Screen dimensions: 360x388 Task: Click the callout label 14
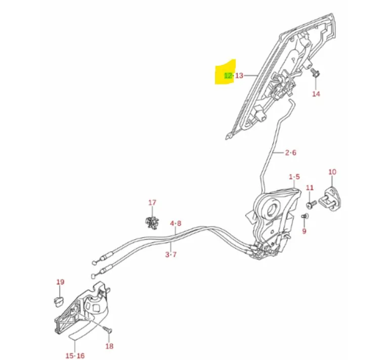tap(316, 94)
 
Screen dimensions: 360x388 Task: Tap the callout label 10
tap(332, 172)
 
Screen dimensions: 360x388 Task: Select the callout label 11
tap(310, 188)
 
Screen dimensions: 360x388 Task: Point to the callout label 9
tap(304, 231)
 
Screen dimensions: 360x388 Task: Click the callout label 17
tap(152, 203)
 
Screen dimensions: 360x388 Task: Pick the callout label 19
tap(60, 282)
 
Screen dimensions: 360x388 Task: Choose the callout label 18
tap(109, 346)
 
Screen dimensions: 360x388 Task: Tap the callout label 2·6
tap(290, 152)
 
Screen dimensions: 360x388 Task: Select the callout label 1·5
tap(294, 177)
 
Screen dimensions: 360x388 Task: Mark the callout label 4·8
tap(175, 223)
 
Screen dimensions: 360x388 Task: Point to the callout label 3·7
tap(170, 255)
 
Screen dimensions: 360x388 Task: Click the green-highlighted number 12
tap(228, 75)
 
